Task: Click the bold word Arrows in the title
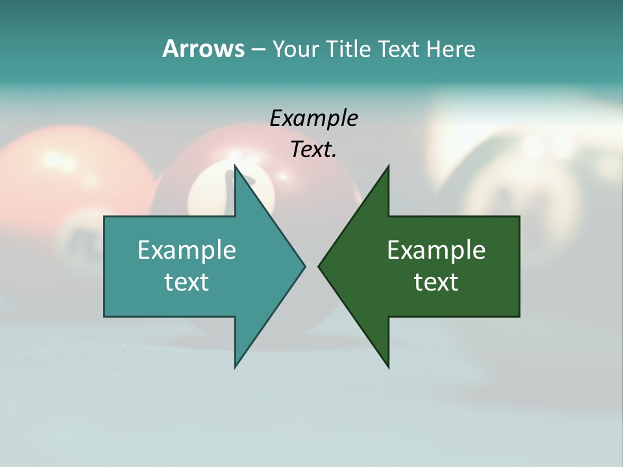[x=202, y=49]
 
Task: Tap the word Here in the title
[x=450, y=49]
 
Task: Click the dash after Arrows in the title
[x=258, y=49]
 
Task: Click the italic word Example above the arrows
[x=313, y=118]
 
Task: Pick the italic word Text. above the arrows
[x=313, y=149]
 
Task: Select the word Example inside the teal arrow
[x=187, y=250]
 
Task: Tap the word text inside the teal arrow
[x=187, y=281]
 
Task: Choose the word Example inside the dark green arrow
[x=436, y=250]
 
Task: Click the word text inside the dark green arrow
[x=436, y=281]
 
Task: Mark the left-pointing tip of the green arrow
[x=319, y=265]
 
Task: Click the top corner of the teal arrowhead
[x=236, y=167]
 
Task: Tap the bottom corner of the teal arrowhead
[x=236, y=366]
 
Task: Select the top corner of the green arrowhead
[x=388, y=167]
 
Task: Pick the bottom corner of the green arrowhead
[x=388, y=366]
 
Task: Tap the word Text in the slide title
[x=399, y=49]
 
